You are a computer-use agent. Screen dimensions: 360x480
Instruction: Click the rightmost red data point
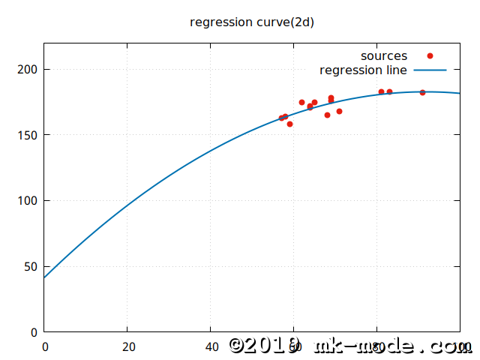pos(422,92)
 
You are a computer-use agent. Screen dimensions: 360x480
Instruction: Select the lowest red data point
pos(289,124)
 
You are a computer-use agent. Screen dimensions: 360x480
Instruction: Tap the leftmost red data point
pos(281,118)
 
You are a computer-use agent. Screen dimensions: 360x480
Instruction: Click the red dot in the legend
pos(430,55)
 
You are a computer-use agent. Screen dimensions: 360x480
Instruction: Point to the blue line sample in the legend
pos(430,70)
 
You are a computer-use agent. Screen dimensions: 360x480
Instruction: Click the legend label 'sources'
pos(383,55)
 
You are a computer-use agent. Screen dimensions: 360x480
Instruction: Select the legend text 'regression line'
pos(363,70)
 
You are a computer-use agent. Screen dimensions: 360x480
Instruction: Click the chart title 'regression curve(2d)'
pos(252,22)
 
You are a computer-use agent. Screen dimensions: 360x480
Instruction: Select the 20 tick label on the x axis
pos(128,346)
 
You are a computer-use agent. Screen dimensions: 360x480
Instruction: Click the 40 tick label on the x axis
pos(211,346)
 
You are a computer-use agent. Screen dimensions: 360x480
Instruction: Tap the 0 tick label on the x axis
pos(45,346)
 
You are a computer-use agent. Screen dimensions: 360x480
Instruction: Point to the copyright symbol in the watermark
pos(238,346)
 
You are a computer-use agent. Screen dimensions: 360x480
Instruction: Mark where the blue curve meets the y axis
pos(45,277)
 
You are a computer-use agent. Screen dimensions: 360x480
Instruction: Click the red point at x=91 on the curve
pos(422,92)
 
